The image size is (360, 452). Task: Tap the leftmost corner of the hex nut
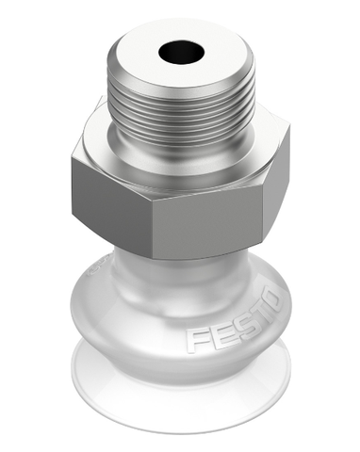point(70,179)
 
